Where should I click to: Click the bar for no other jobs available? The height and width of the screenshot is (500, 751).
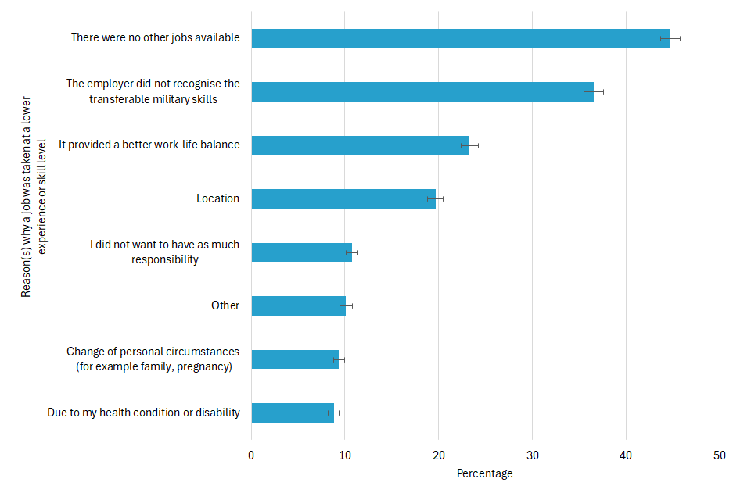tap(460, 38)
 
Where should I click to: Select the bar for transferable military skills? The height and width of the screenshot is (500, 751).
tap(422, 91)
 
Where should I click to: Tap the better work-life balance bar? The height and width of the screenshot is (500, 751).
tap(360, 145)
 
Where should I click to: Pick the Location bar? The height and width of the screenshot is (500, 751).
tap(343, 198)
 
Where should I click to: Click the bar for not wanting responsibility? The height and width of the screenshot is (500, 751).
tap(301, 252)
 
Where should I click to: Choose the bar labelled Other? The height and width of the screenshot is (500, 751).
tap(298, 305)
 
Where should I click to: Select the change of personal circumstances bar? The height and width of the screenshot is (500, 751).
tap(295, 359)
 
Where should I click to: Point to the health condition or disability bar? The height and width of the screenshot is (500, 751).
tap(293, 412)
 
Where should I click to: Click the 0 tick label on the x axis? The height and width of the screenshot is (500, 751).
tap(251, 455)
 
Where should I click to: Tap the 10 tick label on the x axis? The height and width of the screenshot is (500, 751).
tap(345, 455)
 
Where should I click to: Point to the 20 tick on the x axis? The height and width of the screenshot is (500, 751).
tap(438, 455)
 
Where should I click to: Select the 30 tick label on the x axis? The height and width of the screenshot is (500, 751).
tap(532, 455)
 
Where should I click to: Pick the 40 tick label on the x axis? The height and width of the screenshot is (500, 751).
tap(626, 455)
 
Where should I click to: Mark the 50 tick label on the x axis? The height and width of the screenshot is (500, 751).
tap(720, 455)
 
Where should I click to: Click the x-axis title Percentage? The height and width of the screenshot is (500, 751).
tap(485, 473)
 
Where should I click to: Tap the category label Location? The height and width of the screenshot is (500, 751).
tap(217, 198)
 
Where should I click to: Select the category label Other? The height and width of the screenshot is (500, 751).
tap(225, 305)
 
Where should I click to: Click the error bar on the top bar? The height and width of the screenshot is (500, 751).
tap(670, 38)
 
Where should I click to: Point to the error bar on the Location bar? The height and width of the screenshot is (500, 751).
tap(435, 198)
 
